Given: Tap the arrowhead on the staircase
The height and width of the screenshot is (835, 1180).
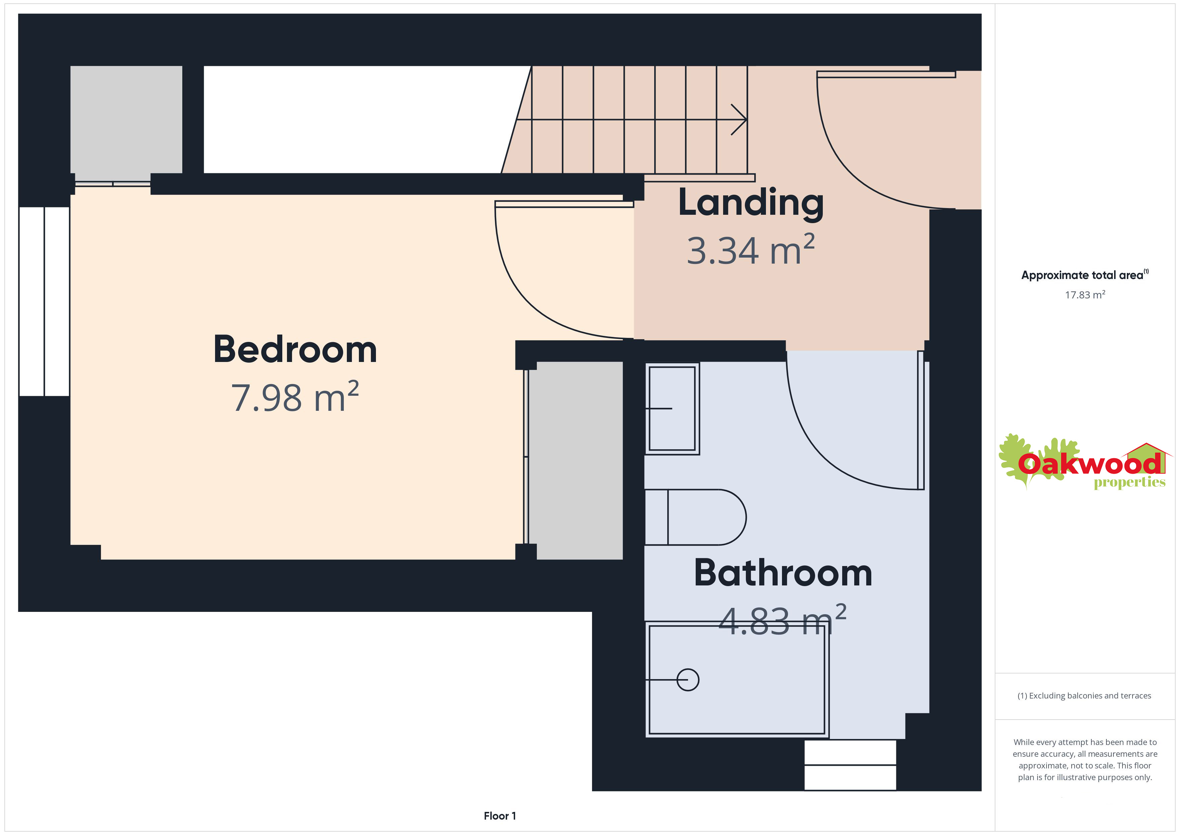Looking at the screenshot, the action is [x=739, y=120].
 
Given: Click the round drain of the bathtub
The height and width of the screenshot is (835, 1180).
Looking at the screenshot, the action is [x=688, y=680].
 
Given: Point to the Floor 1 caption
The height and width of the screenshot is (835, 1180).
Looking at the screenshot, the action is [x=500, y=816].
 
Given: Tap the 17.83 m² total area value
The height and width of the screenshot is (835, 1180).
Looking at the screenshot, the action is [x=1085, y=295].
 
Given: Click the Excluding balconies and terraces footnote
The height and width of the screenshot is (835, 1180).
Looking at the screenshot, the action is [x=1084, y=695].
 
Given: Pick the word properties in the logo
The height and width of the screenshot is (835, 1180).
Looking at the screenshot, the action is [x=1129, y=483].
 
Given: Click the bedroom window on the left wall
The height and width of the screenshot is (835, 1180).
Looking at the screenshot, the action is [x=44, y=301].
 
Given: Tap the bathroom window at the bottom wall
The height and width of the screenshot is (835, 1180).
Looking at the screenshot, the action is [x=850, y=764].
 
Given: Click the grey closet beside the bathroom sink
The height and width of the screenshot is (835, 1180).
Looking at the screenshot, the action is [x=576, y=460].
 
